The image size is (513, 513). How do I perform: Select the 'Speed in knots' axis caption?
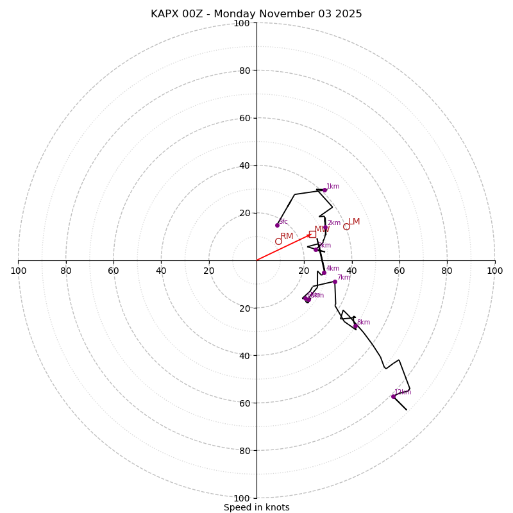pyautogui.click(x=256, y=507)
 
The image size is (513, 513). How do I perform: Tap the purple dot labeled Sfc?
pyautogui.click(x=277, y=225)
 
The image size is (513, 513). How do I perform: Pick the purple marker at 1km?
pyautogui.click(x=324, y=190)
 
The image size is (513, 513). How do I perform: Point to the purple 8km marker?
pyautogui.click(x=355, y=326)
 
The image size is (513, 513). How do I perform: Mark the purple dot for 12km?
pyautogui.click(x=393, y=396)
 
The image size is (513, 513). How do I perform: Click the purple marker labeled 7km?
pyautogui.click(x=335, y=282)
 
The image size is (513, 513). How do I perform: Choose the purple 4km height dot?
pyautogui.click(x=324, y=273)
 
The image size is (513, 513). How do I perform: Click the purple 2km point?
pyautogui.click(x=325, y=227)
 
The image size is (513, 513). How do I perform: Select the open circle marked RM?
pyautogui.click(x=278, y=241)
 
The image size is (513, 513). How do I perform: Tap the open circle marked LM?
pyautogui.click(x=346, y=226)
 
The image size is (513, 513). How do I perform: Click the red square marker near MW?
pyautogui.click(x=312, y=234)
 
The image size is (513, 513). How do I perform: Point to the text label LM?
pyautogui.click(x=354, y=222)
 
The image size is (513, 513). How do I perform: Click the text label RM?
pyautogui.click(x=287, y=237)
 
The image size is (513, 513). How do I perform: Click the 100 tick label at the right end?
pyautogui.click(x=494, y=271)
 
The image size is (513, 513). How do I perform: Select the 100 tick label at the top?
pyautogui.click(x=242, y=23)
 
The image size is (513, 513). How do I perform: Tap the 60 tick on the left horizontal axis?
pyautogui.click(x=114, y=271)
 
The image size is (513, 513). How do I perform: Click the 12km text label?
pyautogui.click(x=403, y=392)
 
